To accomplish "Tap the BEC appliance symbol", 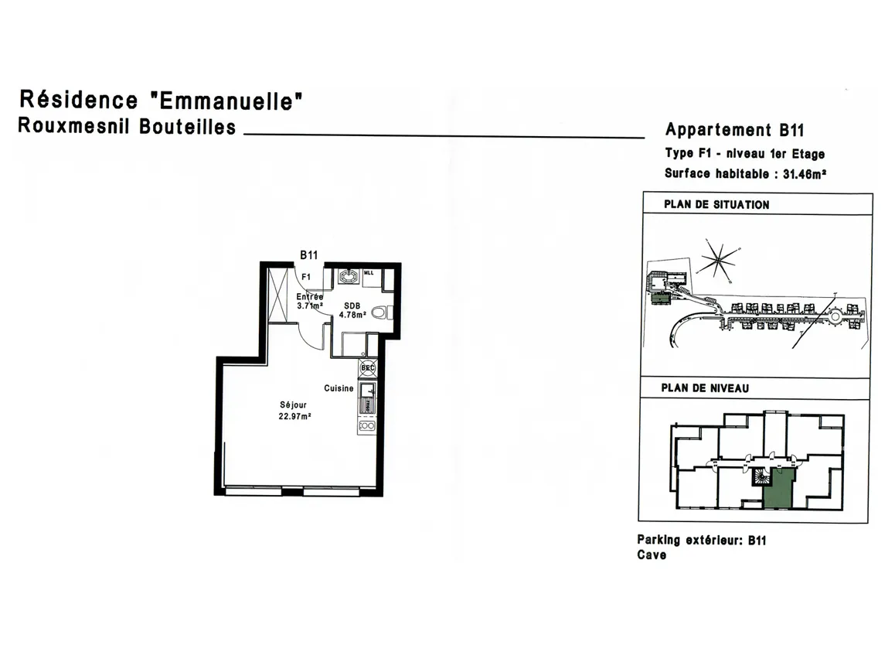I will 367,367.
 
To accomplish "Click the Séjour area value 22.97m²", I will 294,416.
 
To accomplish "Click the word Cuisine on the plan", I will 339,388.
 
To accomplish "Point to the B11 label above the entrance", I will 309,254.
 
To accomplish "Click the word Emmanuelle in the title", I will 224,101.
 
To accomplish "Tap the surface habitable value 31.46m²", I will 805,174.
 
